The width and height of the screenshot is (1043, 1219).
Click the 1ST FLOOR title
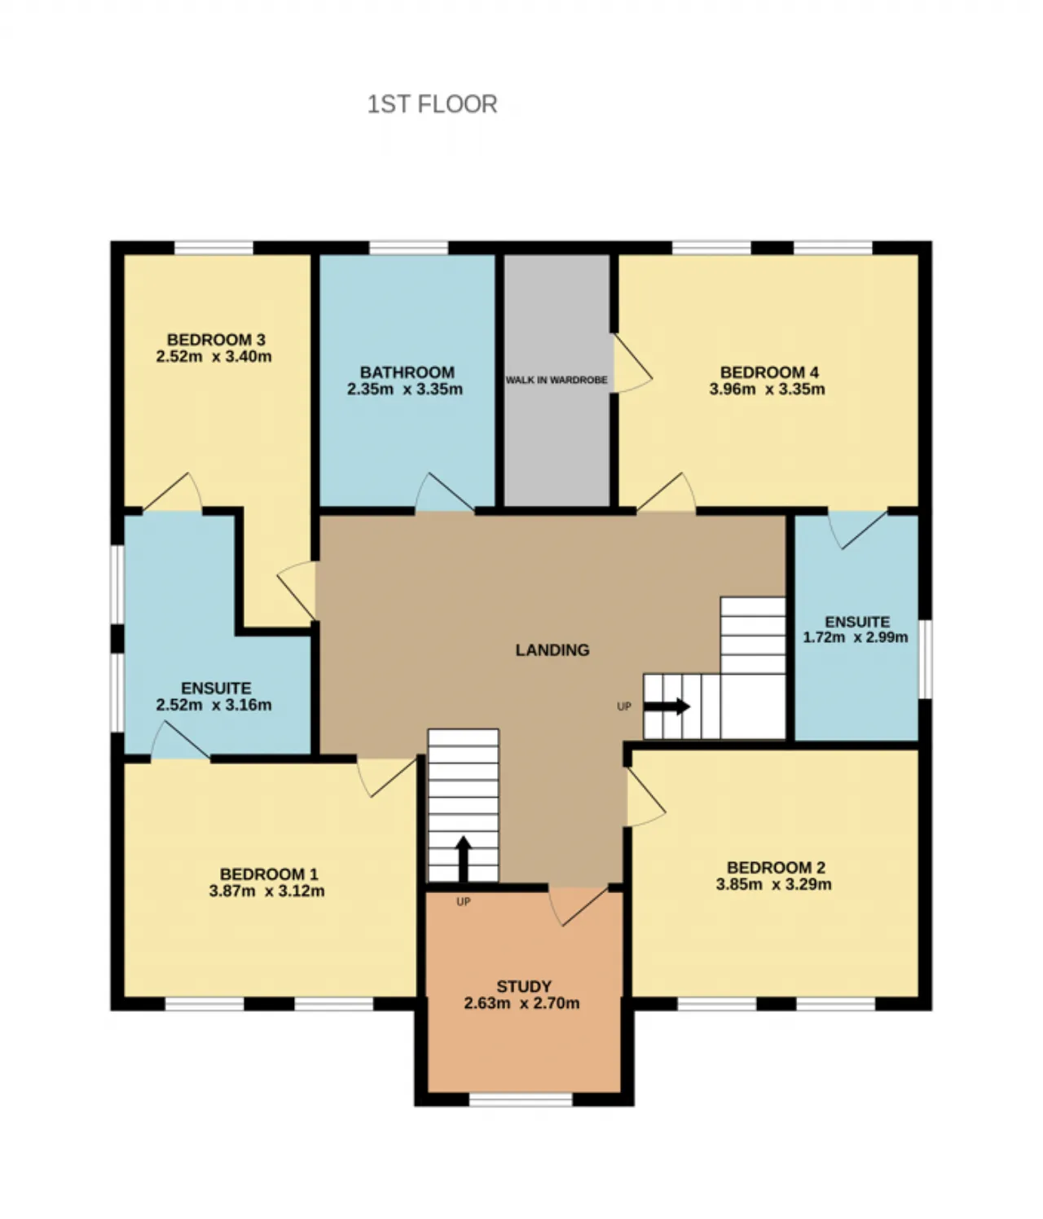(432, 104)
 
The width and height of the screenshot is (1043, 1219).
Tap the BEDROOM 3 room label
(216, 340)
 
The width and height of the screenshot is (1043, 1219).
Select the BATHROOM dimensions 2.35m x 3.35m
(404, 389)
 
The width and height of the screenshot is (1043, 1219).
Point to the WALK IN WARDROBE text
(556, 380)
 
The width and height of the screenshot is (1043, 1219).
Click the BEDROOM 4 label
(769, 372)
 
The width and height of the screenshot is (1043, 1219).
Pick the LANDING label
(552, 650)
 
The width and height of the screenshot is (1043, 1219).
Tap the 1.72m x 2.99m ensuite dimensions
(856, 637)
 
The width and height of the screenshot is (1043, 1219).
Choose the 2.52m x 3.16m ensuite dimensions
(214, 705)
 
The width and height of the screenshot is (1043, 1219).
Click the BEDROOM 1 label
(269, 874)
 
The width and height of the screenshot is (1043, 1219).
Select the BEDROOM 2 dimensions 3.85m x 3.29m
(773, 884)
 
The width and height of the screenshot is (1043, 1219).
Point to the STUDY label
(524, 986)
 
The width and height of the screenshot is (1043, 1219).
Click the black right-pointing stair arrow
(667, 706)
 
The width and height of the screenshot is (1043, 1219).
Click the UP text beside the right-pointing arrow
(624, 706)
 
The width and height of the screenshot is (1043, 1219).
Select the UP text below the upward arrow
(464, 902)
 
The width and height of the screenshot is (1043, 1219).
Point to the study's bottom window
(521, 1099)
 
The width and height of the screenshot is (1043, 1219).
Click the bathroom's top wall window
(408, 247)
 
